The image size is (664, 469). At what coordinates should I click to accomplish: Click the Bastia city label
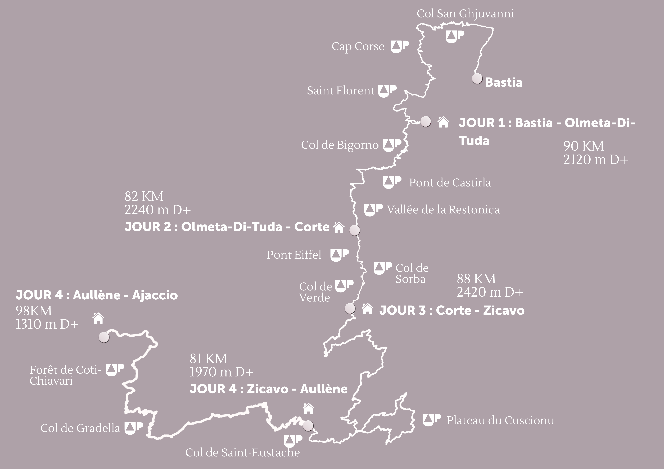[x=504, y=82]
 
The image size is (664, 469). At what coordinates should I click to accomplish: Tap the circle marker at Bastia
[x=477, y=78]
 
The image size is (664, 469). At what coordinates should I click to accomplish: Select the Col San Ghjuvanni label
[x=465, y=14]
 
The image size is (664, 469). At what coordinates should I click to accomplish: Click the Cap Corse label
[x=358, y=47]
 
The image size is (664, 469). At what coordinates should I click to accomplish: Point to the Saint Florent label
[x=340, y=91]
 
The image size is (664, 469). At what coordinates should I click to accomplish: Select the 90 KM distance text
[x=583, y=146]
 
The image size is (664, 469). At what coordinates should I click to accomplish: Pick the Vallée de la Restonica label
[x=443, y=210]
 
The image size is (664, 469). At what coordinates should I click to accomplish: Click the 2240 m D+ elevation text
[x=158, y=210]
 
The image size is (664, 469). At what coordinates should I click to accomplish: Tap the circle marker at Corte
[x=355, y=231]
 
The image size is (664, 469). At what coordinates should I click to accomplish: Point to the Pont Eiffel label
[x=294, y=255]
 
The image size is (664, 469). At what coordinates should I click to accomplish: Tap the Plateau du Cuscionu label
[x=500, y=420]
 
